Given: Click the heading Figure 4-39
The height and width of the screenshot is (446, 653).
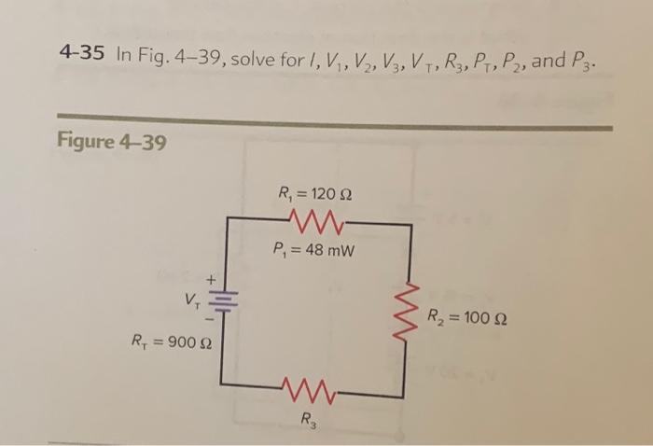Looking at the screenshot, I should click(113, 142).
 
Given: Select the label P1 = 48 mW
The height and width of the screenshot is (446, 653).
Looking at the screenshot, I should click(315, 250).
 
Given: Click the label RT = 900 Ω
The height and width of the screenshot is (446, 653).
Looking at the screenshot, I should click(165, 341).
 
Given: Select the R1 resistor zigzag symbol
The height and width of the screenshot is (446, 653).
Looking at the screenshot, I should click(315, 223).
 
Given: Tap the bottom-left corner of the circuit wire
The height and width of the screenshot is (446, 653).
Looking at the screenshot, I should click(222, 383).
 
